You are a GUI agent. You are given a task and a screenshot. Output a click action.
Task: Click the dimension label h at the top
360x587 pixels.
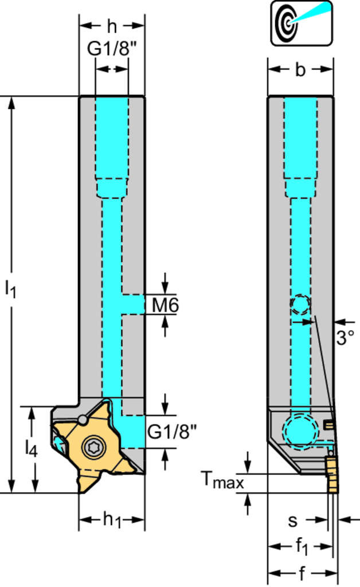click(112, 25)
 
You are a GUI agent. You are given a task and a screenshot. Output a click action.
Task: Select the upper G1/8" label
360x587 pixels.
click(112, 50)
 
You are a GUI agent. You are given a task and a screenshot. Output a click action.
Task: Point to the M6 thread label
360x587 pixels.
click(165, 306)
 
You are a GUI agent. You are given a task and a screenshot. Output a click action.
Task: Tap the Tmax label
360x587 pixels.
click(222, 480)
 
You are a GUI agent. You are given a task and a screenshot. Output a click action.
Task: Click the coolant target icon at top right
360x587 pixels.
click(301, 22)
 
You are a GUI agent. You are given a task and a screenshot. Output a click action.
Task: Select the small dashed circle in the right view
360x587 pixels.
click(300, 304)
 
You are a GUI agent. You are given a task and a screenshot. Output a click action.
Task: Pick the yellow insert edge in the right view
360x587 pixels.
click(332, 473)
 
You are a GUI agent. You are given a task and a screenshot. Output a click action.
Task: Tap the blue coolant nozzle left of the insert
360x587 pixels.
click(59, 442)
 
